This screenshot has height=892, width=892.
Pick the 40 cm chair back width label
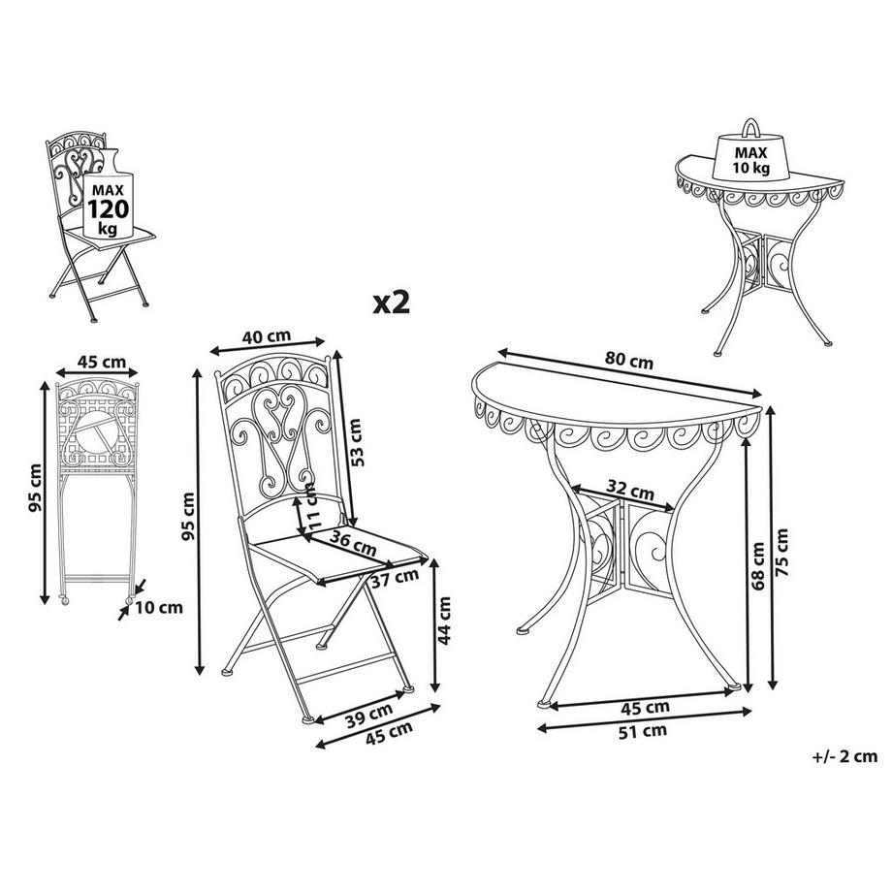click(266, 336)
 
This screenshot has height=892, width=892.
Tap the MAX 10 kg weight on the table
click(750, 155)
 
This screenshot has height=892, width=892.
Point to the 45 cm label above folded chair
click(100, 362)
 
